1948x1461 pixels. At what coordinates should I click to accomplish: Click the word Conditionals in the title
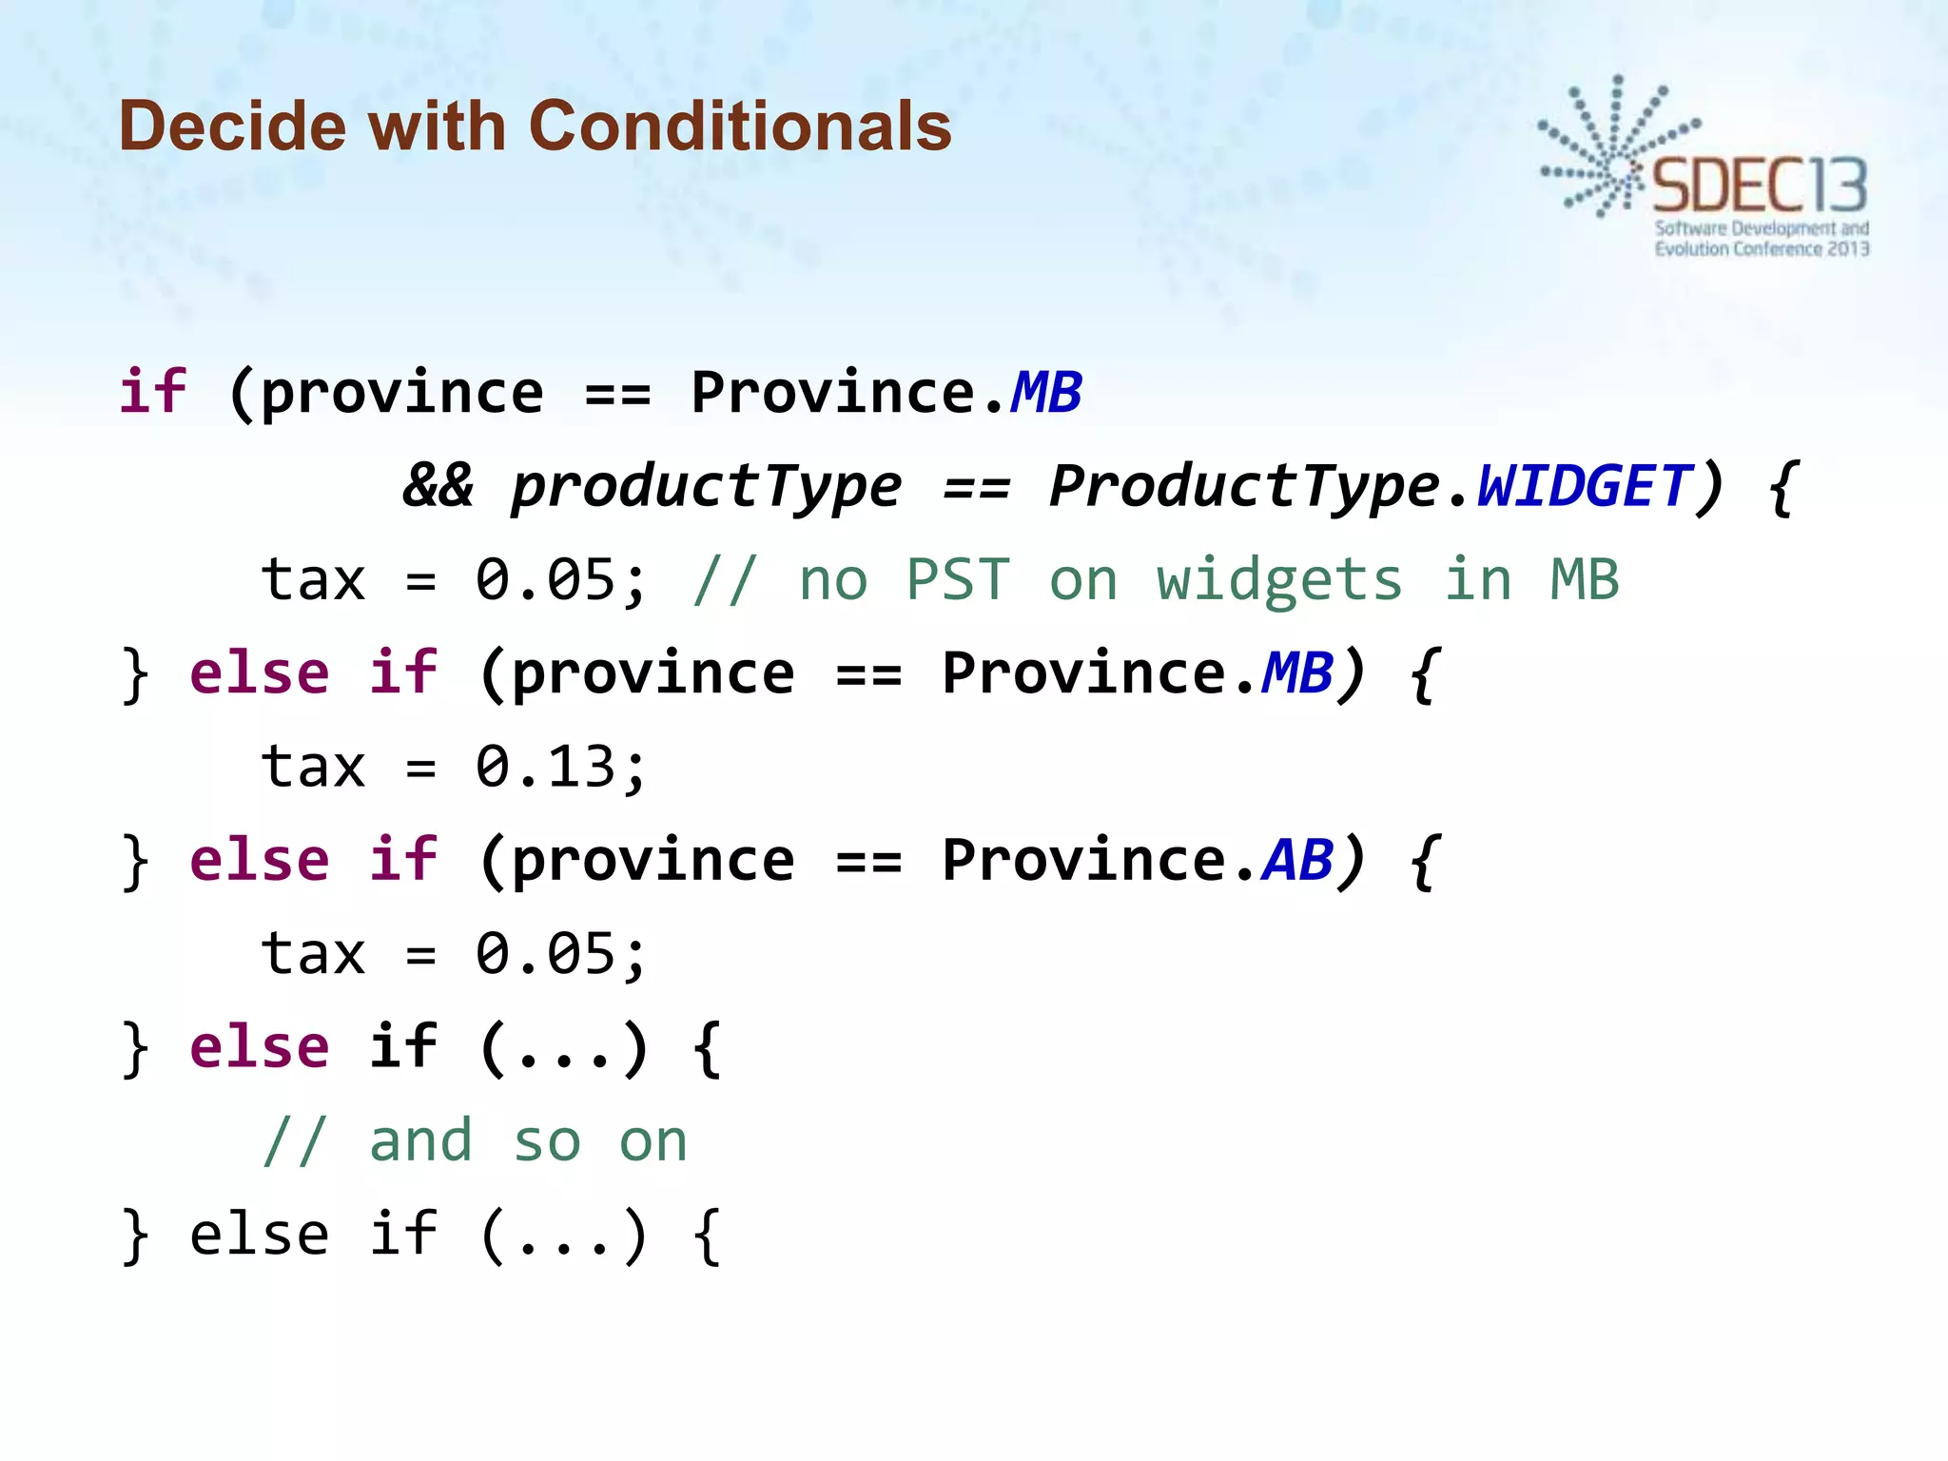pos(739,126)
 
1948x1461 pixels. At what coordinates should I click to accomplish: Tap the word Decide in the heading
pos(233,126)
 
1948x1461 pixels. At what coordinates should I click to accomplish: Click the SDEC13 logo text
pos(1760,186)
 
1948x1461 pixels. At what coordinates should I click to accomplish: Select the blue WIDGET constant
pos(1584,487)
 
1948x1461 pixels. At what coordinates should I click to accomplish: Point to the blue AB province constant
pos(1297,860)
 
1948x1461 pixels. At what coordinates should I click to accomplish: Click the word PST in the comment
pos(958,579)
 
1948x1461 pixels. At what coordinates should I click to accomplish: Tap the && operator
pos(438,487)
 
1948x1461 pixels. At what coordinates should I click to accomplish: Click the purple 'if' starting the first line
pos(153,392)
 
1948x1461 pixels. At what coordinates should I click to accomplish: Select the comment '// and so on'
pos(475,1141)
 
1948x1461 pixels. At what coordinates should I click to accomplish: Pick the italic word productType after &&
pos(706,487)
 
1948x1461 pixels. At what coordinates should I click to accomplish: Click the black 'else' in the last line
pos(260,1235)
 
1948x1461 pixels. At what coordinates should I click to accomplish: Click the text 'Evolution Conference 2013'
pos(1762,249)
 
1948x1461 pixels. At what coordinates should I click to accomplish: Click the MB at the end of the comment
pos(1585,579)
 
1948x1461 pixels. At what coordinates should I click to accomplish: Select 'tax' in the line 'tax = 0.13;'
pos(313,767)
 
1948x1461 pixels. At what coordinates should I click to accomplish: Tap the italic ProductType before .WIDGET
pos(1244,487)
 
